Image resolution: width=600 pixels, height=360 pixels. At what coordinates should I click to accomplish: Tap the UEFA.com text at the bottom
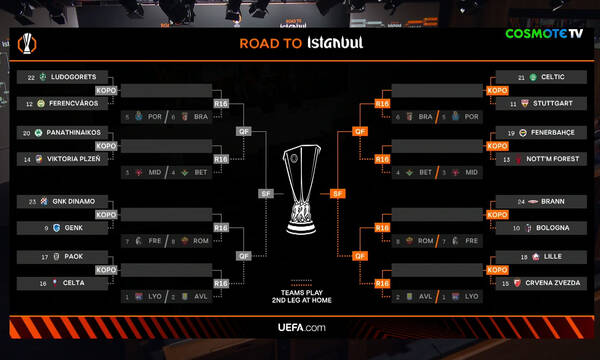click(300, 327)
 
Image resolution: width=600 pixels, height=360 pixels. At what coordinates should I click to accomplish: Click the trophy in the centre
click(300, 190)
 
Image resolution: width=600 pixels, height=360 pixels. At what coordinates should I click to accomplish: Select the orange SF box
click(338, 193)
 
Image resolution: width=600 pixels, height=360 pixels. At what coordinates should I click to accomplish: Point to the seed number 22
click(31, 77)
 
